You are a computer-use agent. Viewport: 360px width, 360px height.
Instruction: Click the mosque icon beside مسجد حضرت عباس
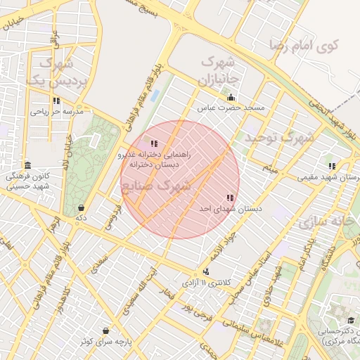[231, 97]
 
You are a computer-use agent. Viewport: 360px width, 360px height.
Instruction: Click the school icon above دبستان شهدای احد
[229, 198]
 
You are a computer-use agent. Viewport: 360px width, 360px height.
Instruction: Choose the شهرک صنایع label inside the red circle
[157, 186]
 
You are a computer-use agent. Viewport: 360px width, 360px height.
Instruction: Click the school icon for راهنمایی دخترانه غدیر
[154, 144]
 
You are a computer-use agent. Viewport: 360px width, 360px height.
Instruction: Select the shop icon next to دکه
[82, 207]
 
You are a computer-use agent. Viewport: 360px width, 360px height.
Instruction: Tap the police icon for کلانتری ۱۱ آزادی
[205, 271]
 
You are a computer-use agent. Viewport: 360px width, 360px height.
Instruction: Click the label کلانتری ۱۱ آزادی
[205, 283]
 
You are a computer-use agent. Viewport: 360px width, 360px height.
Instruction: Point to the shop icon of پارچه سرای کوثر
[105, 330]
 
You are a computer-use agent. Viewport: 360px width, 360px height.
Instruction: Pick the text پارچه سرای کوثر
[105, 341]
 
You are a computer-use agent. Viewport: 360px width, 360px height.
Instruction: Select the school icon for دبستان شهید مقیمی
[332, 167]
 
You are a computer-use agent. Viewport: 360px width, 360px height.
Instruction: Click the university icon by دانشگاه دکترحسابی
[351, 321]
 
